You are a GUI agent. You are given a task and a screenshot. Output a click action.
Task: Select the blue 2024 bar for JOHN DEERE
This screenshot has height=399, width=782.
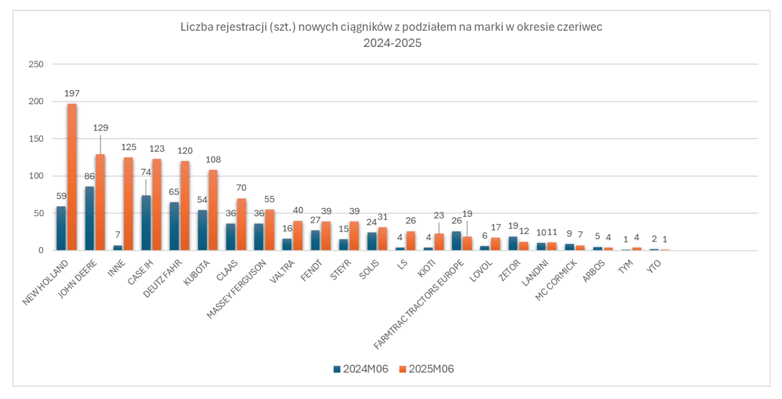(x=89, y=218)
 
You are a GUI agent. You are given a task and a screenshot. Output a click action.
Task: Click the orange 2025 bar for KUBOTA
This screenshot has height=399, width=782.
(x=213, y=210)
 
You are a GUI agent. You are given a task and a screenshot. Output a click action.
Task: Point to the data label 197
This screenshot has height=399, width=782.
(x=72, y=93)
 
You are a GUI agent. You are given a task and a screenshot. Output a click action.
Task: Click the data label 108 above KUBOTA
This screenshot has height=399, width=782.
(x=213, y=160)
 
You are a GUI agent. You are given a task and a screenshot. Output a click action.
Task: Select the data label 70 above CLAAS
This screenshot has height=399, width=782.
(x=241, y=188)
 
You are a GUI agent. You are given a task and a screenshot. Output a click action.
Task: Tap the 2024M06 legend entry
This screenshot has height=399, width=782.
(x=361, y=369)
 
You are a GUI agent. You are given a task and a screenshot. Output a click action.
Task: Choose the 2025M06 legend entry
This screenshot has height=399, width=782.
(x=427, y=369)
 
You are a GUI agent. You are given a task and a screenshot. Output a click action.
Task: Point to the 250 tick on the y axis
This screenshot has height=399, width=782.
(x=36, y=64)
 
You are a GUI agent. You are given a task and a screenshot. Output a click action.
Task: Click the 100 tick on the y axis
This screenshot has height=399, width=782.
(x=36, y=176)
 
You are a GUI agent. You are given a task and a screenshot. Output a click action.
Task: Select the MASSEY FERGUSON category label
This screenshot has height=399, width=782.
(x=236, y=289)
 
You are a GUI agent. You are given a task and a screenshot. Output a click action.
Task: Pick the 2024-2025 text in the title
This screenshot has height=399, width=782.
(x=392, y=43)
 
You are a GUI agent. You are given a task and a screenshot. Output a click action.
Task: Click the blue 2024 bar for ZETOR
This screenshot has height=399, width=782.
(x=513, y=243)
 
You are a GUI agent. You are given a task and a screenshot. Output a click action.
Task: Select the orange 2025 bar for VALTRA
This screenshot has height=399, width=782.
(x=298, y=236)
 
